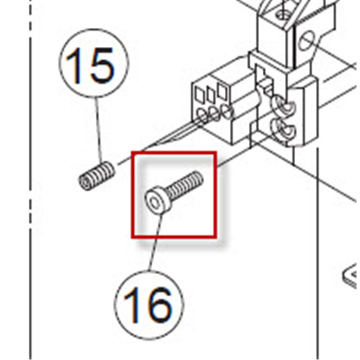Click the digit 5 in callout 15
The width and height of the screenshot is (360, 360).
101,66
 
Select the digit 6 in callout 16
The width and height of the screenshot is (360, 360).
158,305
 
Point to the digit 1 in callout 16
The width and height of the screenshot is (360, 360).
132,305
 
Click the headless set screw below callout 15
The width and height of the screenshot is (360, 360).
97,176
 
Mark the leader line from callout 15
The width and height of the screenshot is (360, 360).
99,130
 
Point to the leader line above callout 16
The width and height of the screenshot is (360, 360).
156,242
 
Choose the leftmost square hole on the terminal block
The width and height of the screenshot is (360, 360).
200,95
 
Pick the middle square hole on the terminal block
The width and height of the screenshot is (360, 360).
211,94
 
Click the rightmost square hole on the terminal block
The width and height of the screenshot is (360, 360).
223,91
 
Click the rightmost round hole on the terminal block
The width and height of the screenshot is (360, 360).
227,111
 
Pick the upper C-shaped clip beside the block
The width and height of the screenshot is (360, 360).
283,105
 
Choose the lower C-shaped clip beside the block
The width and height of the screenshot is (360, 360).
283,130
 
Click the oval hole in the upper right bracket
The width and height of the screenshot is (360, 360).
307,41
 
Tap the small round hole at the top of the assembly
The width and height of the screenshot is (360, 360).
283,15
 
